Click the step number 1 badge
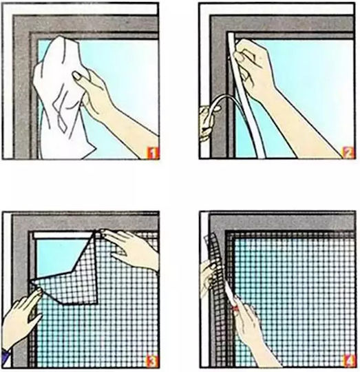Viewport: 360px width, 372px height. tap(152, 153)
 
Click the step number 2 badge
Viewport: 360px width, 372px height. tap(348, 152)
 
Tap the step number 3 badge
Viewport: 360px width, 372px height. tap(152, 361)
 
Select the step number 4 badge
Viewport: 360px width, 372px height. tap(348, 361)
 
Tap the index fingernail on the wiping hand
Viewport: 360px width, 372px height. tap(77, 76)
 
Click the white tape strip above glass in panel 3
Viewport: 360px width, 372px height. tap(63, 236)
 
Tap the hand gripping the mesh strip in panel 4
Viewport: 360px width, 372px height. tap(208, 278)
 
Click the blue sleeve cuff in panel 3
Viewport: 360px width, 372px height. tap(6, 358)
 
